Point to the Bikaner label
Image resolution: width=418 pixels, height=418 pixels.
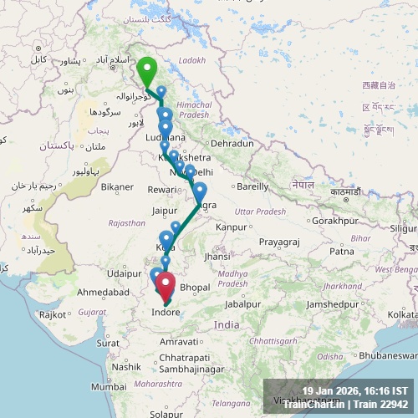tap(117, 186)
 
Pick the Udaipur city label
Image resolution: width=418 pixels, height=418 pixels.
tap(123, 273)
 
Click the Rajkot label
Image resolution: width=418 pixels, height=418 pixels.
tap(52, 314)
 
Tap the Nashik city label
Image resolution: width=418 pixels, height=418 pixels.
tap(126, 366)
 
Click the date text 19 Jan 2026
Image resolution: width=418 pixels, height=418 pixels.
tap(332, 391)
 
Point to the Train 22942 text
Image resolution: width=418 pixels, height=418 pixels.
tap(380, 405)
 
